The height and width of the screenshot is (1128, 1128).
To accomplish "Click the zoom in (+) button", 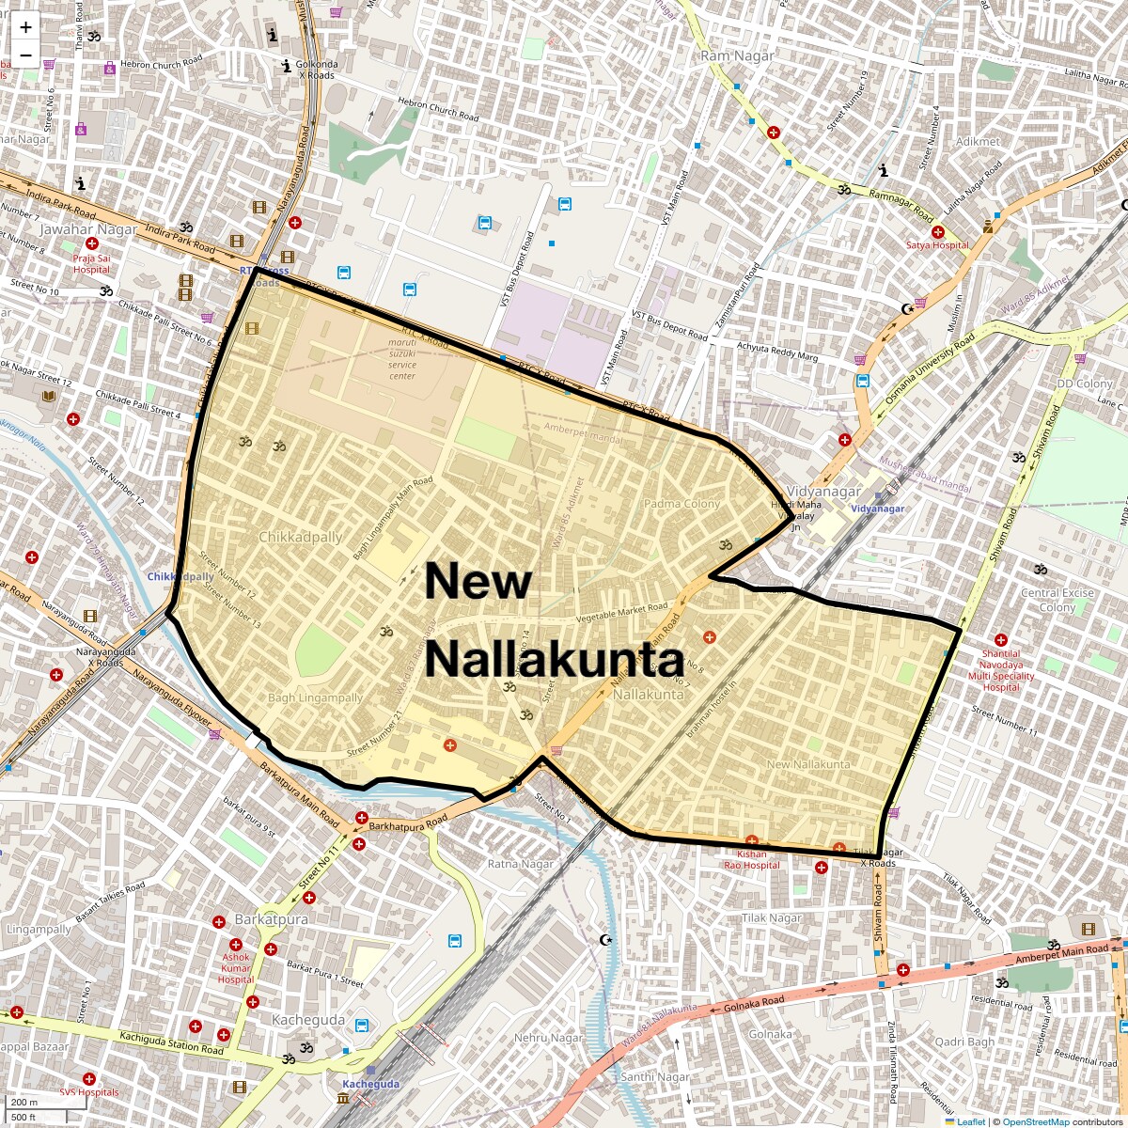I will click(25, 27).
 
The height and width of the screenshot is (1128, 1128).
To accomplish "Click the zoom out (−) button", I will click(25, 55).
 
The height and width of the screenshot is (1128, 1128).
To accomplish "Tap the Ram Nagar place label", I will click(737, 56).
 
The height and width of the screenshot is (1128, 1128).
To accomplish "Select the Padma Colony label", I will click(681, 504).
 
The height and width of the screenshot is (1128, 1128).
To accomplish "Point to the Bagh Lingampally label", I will click(315, 698).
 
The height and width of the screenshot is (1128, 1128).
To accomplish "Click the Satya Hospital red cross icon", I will click(937, 231).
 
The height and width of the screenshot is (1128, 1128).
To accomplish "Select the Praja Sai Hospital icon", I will click(92, 243).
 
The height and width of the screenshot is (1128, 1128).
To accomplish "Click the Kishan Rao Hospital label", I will click(752, 859).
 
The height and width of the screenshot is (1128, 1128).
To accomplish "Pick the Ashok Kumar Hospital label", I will click(236, 968).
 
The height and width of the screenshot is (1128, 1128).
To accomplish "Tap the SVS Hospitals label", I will click(89, 1092).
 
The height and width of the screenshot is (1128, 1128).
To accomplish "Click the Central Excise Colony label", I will click(1057, 600).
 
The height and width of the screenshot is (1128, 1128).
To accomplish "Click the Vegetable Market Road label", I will click(621, 612).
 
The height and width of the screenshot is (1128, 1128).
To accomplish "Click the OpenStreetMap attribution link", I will click(1035, 1121).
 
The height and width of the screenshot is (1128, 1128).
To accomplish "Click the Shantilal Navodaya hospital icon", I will click(1000, 639).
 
